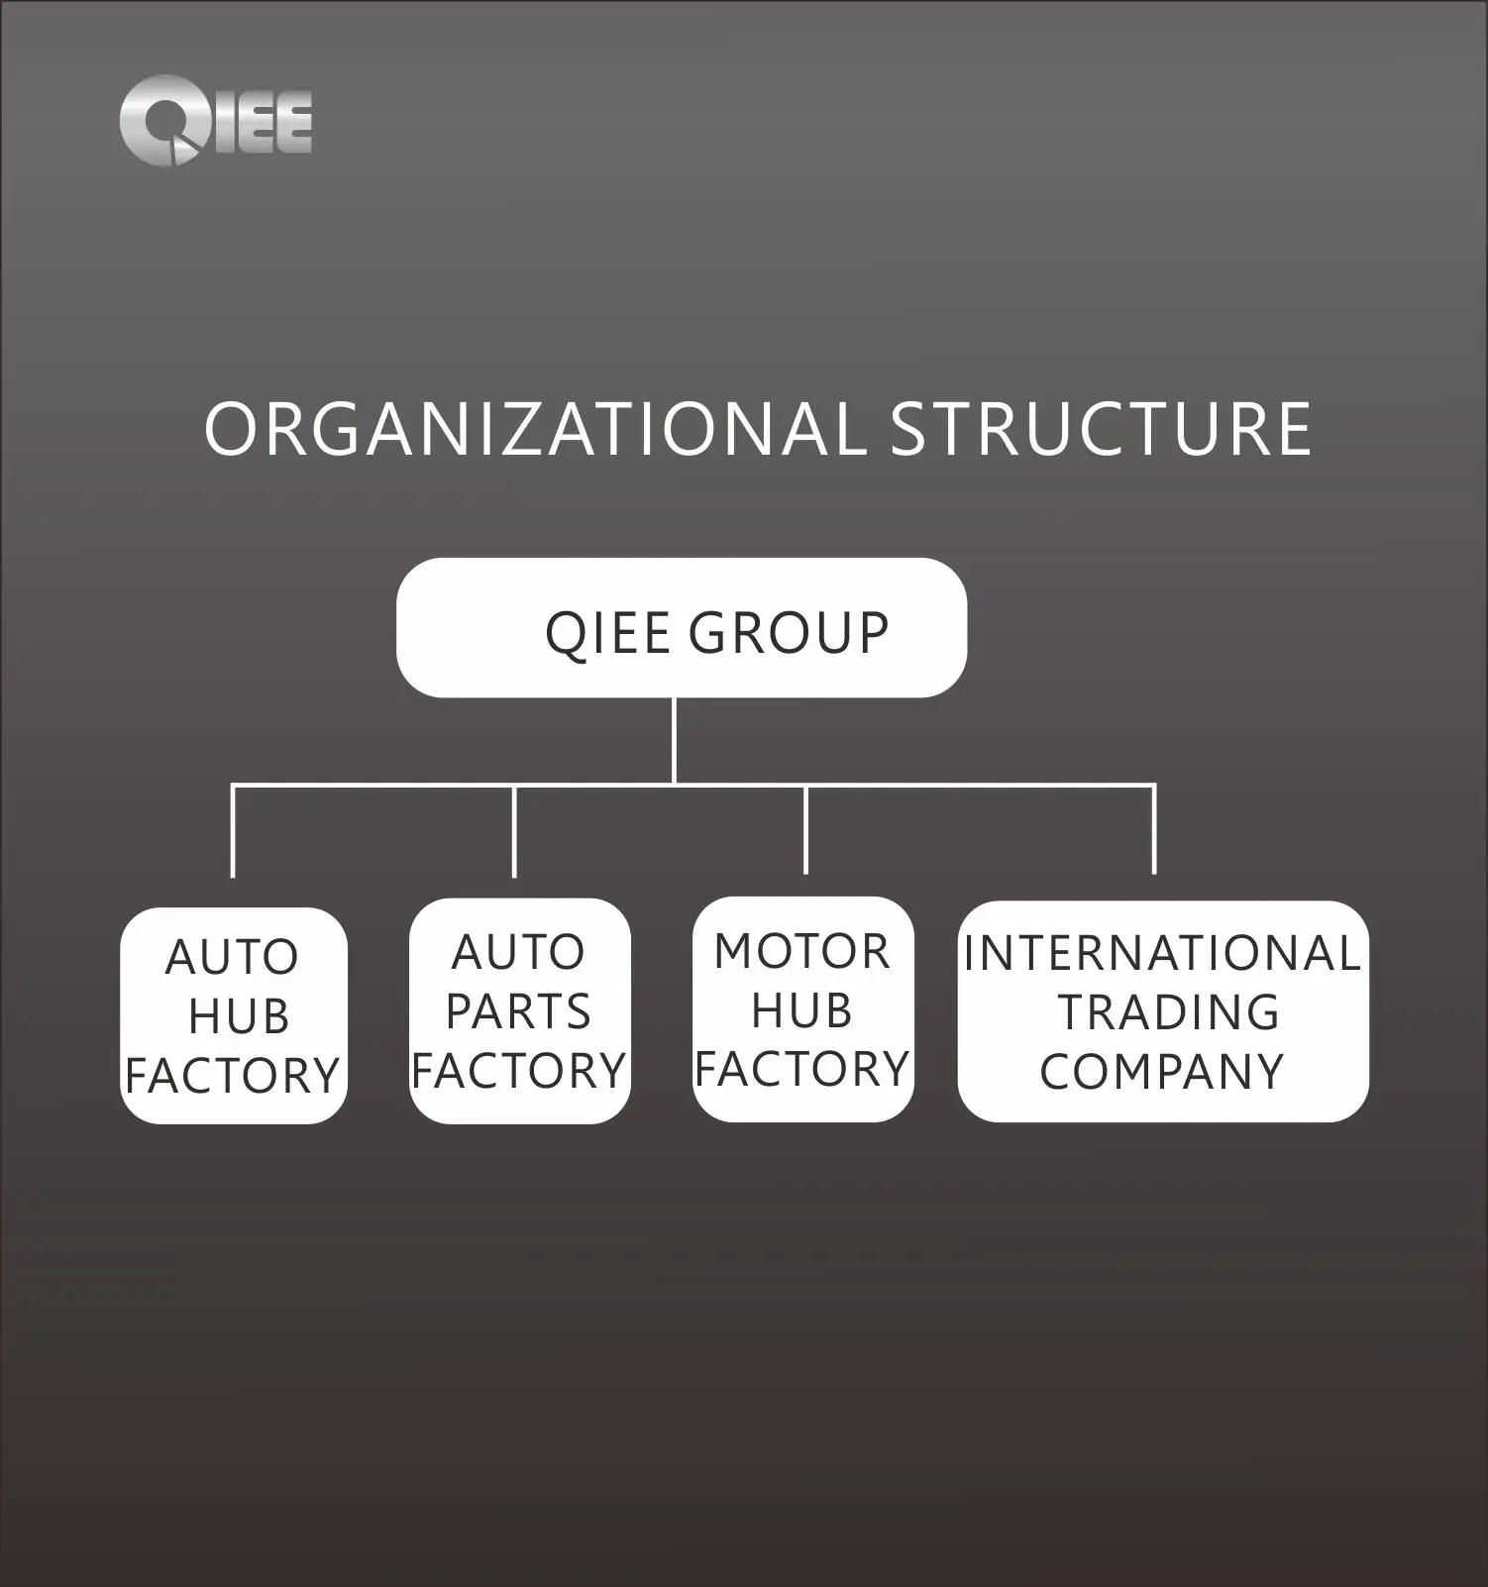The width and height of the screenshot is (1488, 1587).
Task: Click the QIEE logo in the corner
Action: pos(215,121)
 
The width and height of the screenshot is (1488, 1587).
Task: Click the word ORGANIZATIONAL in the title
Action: pos(532,430)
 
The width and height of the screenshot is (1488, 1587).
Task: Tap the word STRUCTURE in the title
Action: pos(1100,430)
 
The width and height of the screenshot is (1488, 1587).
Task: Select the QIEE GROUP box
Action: pos(681,628)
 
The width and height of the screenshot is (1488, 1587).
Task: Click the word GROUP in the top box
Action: pos(789,633)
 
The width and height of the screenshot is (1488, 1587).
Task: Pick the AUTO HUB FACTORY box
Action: pos(234,1015)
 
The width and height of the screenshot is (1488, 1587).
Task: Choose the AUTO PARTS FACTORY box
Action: pos(519,1011)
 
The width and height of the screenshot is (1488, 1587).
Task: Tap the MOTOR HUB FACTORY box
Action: pos(802,1009)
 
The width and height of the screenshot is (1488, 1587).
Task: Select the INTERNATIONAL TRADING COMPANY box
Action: pos(1162,1011)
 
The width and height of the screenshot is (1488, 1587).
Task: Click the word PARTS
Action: pos(518,1011)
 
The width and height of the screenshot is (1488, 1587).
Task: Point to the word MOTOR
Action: pos(802,952)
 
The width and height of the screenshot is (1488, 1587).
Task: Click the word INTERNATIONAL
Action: pos(1162,954)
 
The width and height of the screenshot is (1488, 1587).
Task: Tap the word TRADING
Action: pos(1169,1012)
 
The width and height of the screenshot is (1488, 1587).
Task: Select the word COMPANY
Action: pos(1162,1071)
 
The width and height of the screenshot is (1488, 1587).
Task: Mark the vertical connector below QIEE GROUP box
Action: pos(674,740)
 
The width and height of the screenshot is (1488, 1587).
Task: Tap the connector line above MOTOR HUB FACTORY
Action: pos(805,829)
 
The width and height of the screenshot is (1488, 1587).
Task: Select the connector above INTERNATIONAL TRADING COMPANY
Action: pos(1154,829)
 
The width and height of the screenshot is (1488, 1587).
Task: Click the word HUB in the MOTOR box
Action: pos(801,1011)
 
